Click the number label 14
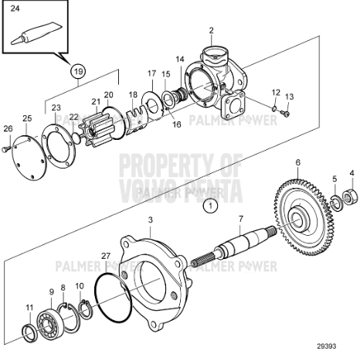[x=179, y=60]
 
